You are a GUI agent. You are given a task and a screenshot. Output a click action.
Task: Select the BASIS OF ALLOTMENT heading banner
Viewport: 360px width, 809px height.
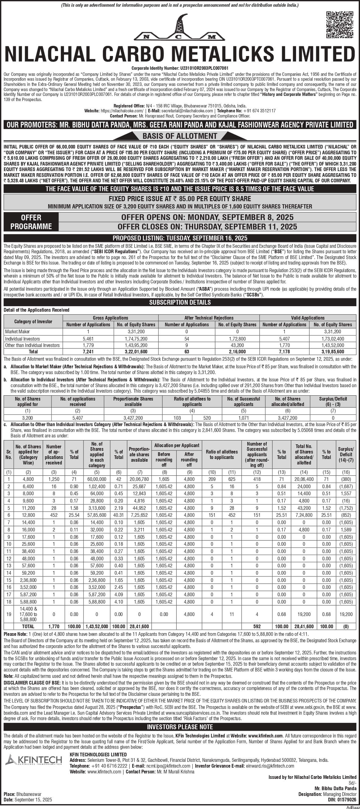[x=180, y=136]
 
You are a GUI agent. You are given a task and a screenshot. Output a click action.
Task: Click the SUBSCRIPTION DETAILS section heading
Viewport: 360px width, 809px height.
[x=180, y=303]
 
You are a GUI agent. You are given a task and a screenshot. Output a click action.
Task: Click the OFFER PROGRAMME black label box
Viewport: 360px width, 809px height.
[x=31, y=222]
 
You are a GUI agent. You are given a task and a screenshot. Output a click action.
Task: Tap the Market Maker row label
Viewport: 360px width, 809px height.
[x=18, y=332]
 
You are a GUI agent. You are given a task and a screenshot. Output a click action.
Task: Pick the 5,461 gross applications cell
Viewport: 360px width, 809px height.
[x=88, y=339]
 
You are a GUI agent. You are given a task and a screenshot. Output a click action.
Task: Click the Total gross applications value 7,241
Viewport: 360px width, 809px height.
[x=88, y=352]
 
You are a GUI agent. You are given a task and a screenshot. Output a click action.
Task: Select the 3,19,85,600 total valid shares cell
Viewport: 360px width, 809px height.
[x=333, y=352]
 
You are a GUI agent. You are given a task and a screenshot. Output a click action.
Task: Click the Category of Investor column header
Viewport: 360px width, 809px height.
[x=33, y=321]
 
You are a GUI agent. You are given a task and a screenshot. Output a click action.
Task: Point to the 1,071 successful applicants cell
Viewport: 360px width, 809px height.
[x=243, y=418]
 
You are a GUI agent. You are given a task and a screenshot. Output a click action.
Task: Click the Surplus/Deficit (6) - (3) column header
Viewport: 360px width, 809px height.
[x=333, y=401]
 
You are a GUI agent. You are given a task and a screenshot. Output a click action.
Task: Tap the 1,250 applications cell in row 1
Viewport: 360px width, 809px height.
[x=54, y=479]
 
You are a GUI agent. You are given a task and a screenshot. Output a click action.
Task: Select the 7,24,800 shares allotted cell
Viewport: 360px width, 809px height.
[x=304, y=515]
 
